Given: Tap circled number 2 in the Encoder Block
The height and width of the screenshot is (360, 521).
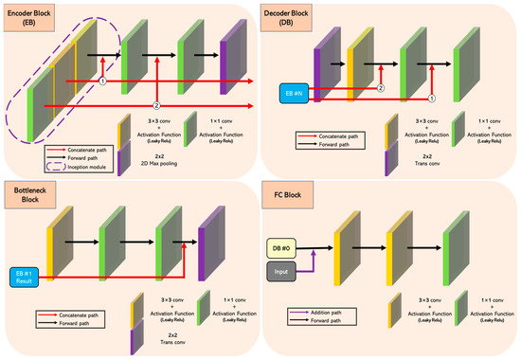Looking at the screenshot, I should click(x=157, y=101).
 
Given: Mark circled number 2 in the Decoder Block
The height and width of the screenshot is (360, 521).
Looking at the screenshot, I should click(x=380, y=87).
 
